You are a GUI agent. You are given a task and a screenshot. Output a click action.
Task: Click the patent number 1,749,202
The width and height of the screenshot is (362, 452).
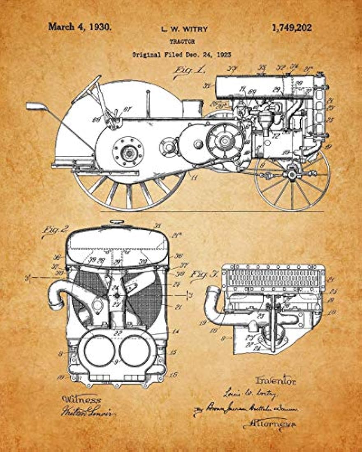(x=292, y=28)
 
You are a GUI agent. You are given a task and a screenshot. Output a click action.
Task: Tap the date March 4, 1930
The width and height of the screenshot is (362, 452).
(x=79, y=27)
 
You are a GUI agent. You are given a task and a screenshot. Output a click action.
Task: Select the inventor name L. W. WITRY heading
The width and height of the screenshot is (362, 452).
(x=184, y=29)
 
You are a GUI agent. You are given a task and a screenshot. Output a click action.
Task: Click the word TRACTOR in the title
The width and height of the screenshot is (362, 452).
(x=182, y=42)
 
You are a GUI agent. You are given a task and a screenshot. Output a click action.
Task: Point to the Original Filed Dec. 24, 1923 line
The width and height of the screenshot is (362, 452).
(x=181, y=54)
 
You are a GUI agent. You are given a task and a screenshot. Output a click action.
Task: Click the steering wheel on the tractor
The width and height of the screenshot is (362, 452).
(x=86, y=89)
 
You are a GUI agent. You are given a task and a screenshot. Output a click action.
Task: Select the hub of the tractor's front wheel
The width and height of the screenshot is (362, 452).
(x=292, y=174)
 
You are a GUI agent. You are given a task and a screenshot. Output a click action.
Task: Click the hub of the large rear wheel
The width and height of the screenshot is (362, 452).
(x=128, y=152)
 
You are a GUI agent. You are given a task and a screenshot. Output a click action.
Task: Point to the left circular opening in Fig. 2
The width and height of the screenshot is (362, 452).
(x=99, y=351)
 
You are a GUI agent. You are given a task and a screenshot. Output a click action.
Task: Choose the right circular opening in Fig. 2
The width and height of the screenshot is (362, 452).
(x=135, y=351)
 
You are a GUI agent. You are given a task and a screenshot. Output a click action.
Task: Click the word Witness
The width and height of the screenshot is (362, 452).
(x=81, y=399)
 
